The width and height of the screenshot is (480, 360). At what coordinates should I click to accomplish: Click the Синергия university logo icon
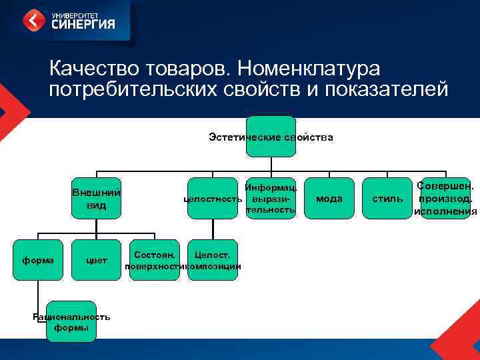(x=34, y=19)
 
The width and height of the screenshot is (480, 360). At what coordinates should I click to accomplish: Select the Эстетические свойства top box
(x=271, y=137)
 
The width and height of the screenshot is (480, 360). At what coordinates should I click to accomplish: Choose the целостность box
(x=213, y=199)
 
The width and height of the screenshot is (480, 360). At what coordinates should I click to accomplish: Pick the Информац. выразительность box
(x=271, y=199)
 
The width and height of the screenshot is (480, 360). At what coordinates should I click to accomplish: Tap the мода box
(x=329, y=199)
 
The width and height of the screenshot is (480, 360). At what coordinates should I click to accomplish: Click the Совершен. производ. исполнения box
(x=445, y=199)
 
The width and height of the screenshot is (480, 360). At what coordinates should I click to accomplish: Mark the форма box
(x=38, y=260)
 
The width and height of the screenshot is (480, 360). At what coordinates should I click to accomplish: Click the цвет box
(x=96, y=260)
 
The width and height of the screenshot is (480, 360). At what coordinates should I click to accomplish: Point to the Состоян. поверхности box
(x=155, y=260)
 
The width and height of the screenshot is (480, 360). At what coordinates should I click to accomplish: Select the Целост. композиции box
(x=213, y=260)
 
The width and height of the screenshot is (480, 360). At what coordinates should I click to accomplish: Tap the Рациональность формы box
(x=71, y=322)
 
